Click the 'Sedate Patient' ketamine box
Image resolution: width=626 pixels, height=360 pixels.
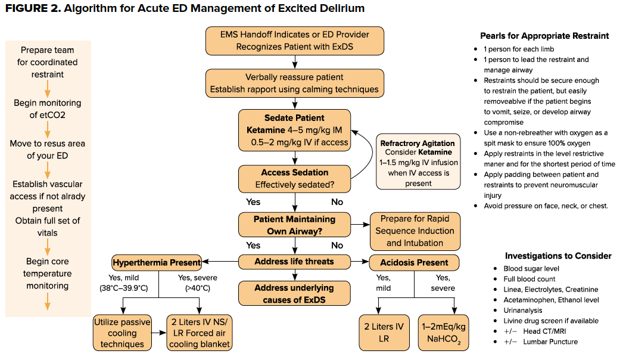pos(295,131)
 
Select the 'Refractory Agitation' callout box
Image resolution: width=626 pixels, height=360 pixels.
pos(418,162)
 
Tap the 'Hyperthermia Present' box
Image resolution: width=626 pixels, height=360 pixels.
pos(157,262)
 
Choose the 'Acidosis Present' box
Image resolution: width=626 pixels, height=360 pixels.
pos(414,262)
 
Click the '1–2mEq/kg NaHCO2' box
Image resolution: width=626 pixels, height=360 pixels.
pos(443,333)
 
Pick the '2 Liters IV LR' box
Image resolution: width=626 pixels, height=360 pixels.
pos(384,333)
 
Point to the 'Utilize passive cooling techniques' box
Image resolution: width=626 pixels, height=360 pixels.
pos(122,333)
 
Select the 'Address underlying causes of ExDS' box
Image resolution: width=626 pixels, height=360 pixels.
pos(295,293)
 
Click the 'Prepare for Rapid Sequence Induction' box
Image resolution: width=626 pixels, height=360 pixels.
pos(415,231)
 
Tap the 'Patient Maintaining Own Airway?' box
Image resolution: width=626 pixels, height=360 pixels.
pos(295,225)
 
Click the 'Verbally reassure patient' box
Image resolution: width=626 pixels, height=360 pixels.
pos(295,83)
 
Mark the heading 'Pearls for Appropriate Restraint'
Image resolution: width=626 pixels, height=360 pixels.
pos(544,36)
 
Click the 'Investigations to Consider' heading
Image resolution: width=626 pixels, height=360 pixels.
pos(558,256)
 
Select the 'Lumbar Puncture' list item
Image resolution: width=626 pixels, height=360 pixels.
pos(550,342)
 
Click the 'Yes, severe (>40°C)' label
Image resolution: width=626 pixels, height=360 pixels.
pos(198,283)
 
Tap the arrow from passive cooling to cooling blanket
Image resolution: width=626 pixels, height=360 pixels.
pos(159,333)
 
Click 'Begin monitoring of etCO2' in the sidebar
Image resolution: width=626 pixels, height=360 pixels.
pos(48,108)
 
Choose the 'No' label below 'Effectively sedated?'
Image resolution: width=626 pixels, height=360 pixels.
pos(337,202)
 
